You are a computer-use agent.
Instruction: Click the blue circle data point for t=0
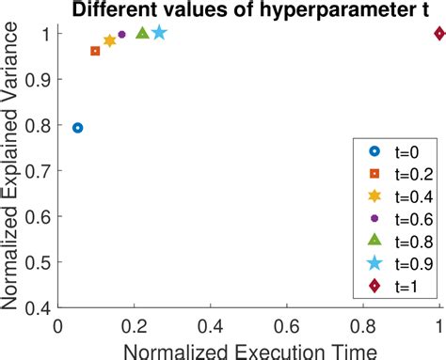coord(77,128)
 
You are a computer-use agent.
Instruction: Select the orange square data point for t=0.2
coord(95,51)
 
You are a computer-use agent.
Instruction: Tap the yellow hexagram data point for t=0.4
coord(110,41)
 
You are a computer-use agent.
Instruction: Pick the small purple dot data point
coord(121,35)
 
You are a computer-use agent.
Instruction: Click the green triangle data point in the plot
coord(142,33)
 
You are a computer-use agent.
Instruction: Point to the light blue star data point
coord(159,33)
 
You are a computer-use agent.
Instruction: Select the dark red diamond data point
coord(439,34)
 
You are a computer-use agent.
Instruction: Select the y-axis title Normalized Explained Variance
coord(12,170)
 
